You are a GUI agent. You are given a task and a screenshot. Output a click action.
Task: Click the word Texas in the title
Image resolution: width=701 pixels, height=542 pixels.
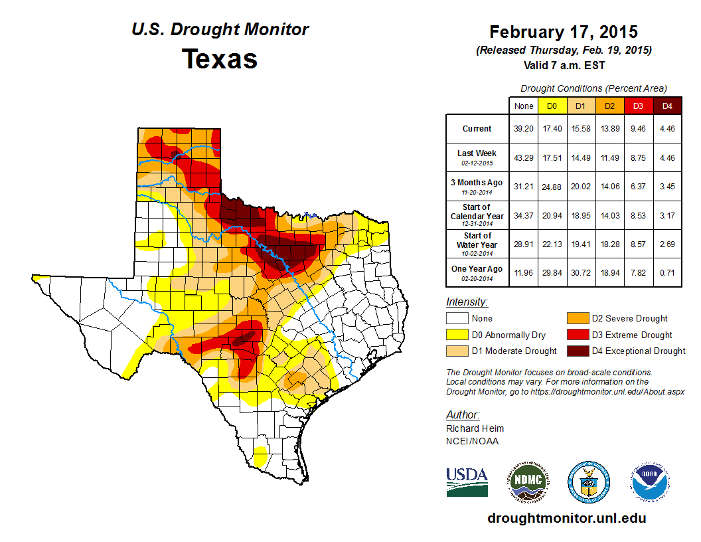[220, 58]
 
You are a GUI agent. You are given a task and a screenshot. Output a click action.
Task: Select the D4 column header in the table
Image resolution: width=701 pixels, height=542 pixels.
[667, 106]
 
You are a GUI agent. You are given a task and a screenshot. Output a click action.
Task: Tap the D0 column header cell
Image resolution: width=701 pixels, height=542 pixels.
[551, 106]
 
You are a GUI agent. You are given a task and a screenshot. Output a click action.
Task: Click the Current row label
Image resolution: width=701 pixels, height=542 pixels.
[477, 129]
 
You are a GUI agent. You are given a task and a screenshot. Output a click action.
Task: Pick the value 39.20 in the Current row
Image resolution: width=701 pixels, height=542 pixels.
[523, 129]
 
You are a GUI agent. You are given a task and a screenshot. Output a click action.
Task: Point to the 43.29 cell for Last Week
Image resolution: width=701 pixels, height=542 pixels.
[523, 158]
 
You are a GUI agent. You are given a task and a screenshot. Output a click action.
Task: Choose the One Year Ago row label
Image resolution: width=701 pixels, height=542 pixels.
[477, 268]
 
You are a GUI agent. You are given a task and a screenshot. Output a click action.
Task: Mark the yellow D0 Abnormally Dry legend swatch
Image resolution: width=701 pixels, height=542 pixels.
[457, 335]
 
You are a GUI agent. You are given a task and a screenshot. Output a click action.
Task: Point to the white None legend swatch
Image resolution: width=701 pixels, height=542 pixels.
[457, 319]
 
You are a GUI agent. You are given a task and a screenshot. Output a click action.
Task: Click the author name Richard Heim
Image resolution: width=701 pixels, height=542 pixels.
[475, 428]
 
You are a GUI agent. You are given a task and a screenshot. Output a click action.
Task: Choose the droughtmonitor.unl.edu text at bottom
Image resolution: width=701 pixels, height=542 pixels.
[566, 518]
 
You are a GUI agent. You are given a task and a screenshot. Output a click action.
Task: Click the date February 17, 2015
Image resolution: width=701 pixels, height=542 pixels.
[563, 32]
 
